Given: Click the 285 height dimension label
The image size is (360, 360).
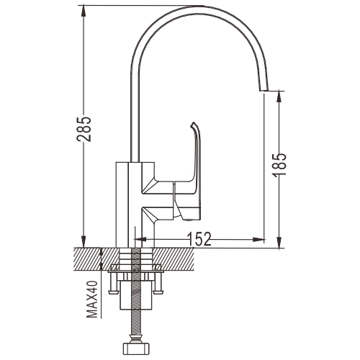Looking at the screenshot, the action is (x=84, y=129).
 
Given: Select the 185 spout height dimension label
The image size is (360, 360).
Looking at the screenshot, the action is (x=279, y=164).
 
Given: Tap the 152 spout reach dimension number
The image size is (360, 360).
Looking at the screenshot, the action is (x=199, y=239).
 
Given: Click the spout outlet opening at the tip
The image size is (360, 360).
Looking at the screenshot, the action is (x=264, y=91).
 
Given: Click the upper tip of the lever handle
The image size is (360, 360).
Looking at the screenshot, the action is (x=192, y=124).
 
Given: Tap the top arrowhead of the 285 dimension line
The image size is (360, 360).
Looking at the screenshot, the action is (x=83, y=12).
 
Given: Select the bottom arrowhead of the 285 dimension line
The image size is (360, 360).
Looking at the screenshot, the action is (x=83, y=241).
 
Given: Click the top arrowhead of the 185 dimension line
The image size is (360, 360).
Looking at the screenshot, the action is (x=279, y=97).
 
